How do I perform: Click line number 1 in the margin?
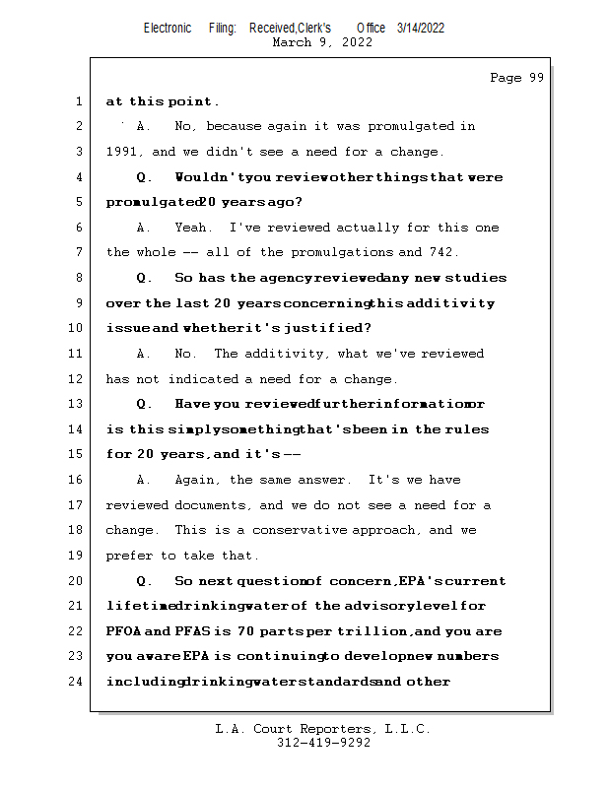click(x=78, y=101)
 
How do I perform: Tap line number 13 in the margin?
click(x=75, y=404)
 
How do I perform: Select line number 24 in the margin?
click(x=75, y=681)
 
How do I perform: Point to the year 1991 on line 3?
click(x=124, y=153)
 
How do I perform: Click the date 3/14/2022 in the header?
click(x=421, y=28)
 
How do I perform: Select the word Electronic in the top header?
click(x=168, y=28)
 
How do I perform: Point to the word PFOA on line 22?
click(x=123, y=631)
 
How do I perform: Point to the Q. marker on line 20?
click(x=144, y=581)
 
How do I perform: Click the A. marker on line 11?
click(x=144, y=354)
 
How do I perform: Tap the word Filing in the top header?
click(x=222, y=28)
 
